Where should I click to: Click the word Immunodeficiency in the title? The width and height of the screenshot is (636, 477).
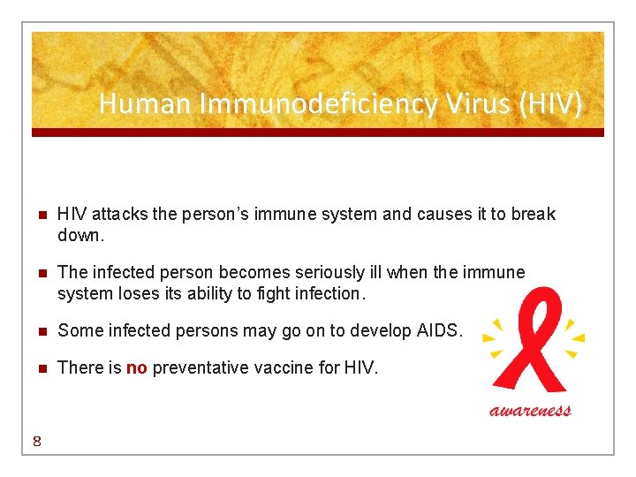318,105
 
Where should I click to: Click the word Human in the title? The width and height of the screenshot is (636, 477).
144,104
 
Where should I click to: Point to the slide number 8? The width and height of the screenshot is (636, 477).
35,443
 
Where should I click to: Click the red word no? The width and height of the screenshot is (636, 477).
136,367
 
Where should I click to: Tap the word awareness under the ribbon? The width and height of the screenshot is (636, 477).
531,410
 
